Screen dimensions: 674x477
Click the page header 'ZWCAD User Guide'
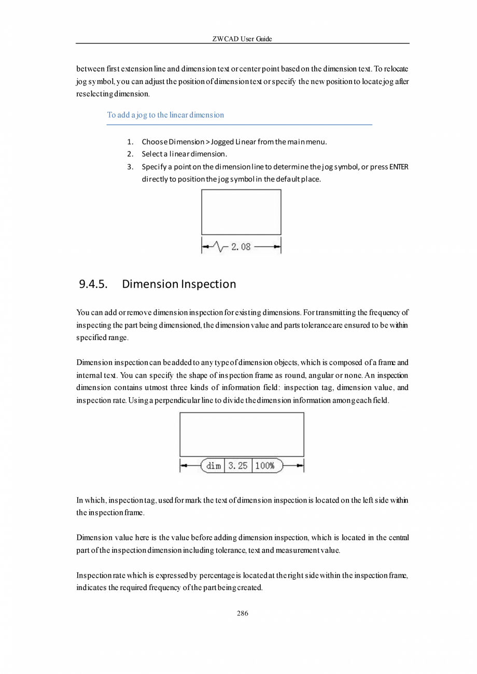coord(242,39)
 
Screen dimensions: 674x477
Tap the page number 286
coord(242,613)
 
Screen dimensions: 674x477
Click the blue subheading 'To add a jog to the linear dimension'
coord(165,115)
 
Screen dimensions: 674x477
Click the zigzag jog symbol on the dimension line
coord(221,247)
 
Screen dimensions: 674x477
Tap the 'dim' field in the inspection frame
coord(214,466)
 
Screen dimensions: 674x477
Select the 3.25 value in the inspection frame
coord(238,466)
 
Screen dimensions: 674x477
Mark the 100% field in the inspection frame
coord(265,466)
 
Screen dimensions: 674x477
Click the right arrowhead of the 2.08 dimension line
coord(277,247)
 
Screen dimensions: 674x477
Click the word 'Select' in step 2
coord(151,154)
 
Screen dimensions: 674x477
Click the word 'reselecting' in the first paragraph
coord(95,94)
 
